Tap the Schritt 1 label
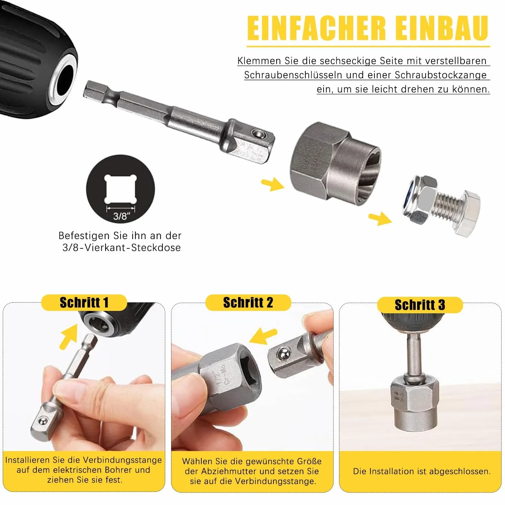[x=84, y=303]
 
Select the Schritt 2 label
[x=248, y=302]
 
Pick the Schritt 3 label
[x=420, y=305]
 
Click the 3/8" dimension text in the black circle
[x=122, y=216]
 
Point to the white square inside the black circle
[x=121, y=189]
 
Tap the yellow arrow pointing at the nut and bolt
[x=380, y=218]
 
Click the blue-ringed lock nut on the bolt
[x=420, y=203]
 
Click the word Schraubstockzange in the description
[x=441, y=75]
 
